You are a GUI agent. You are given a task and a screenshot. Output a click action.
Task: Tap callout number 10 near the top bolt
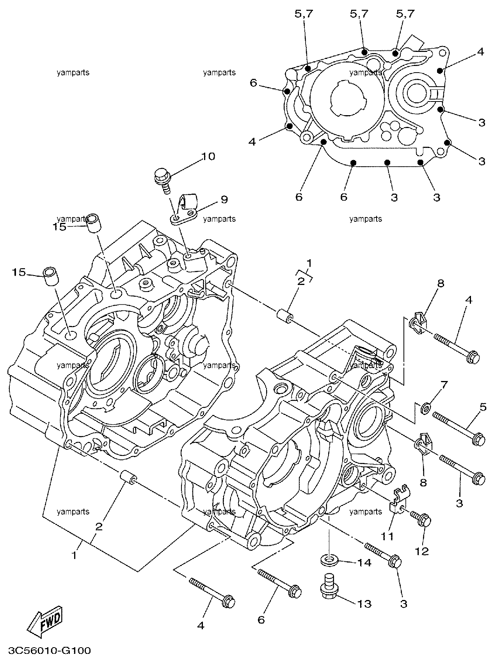click(208, 157)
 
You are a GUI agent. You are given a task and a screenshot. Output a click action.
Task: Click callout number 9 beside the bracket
click(224, 200)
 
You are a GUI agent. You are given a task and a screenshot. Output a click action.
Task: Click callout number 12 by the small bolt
click(422, 551)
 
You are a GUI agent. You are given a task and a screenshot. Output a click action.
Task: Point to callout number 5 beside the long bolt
click(483, 407)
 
